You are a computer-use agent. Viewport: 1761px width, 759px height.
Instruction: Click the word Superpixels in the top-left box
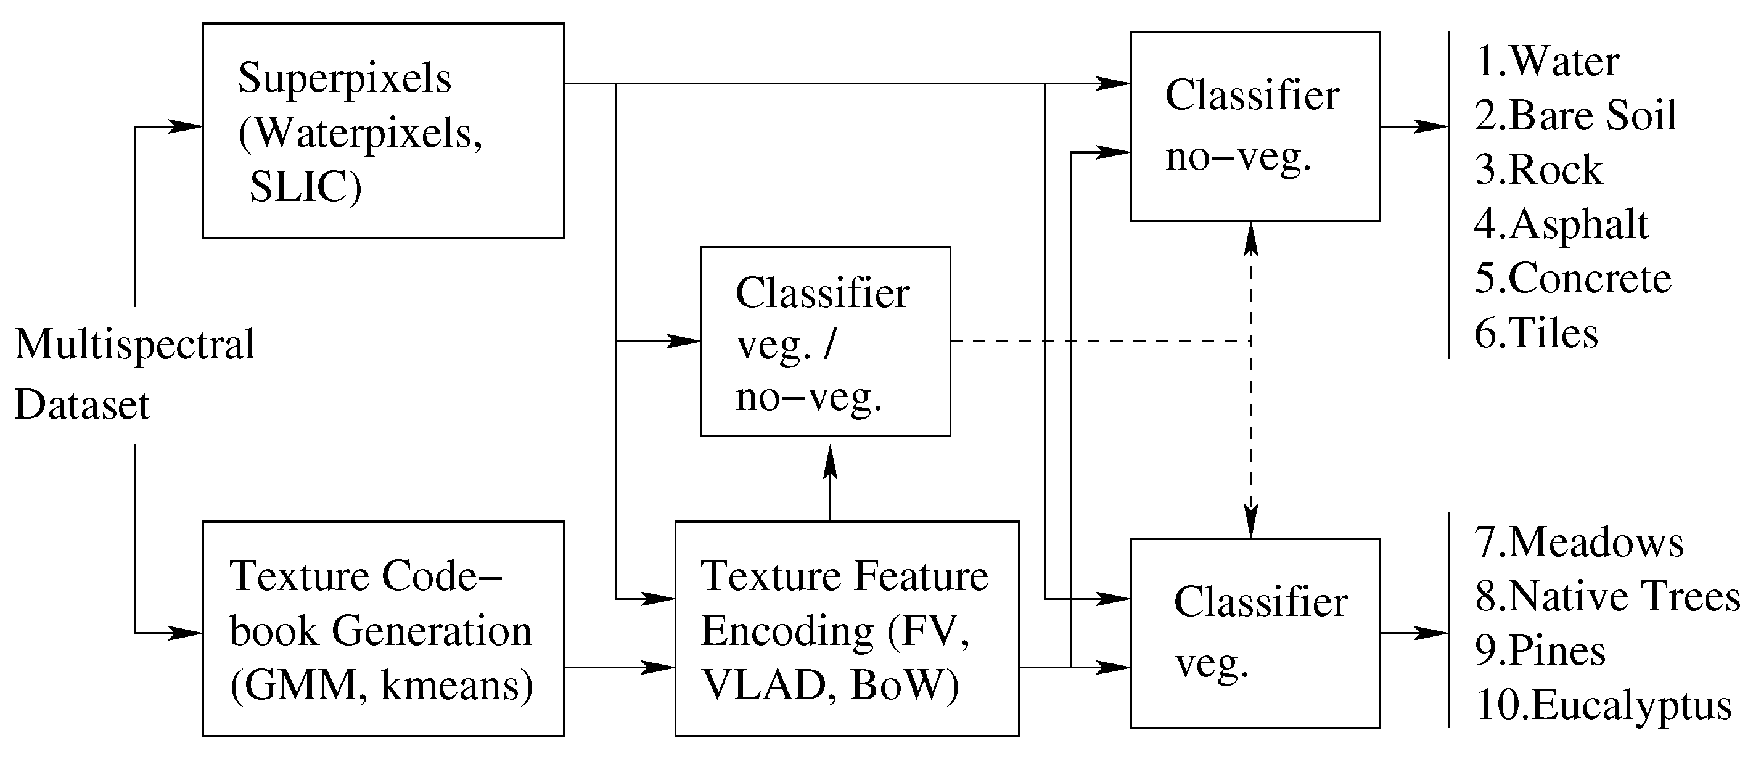click(x=344, y=80)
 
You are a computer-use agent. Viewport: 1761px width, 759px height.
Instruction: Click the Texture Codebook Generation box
click(x=383, y=628)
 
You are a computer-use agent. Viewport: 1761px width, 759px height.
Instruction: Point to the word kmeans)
click(x=457, y=685)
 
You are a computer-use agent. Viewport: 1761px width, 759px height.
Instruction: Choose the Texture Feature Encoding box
click(x=847, y=628)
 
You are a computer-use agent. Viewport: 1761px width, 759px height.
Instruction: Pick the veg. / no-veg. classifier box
click(x=825, y=341)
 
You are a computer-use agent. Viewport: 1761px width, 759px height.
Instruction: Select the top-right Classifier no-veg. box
click(x=1254, y=126)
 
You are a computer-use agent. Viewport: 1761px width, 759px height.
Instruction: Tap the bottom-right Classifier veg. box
click(x=1254, y=633)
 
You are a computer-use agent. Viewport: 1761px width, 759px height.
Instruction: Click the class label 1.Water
click(x=1547, y=62)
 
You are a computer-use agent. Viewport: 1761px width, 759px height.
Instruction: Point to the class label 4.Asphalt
click(x=1561, y=224)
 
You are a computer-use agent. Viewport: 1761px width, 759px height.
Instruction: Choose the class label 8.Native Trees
click(x=1606, y=596)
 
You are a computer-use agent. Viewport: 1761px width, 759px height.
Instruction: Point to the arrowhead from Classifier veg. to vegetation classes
click(x=1432, y=633)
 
